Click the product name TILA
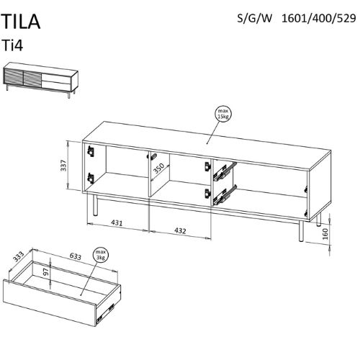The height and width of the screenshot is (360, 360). (x=21, y=22)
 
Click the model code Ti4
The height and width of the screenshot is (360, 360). (x=13, y=45)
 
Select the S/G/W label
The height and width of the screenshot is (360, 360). (x=255, y=19)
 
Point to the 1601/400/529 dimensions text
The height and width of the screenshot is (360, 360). (x=318, y=19)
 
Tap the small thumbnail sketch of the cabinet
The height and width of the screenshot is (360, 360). (x=40, y=80)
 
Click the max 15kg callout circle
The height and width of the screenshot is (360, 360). (x=223, y=114)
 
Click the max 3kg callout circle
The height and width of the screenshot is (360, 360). (x=101, y=255)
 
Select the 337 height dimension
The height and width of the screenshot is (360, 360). (x=63, y=166)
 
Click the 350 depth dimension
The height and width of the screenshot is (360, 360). (x=159, y=168)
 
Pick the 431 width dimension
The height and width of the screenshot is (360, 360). (x=117, y=223)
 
